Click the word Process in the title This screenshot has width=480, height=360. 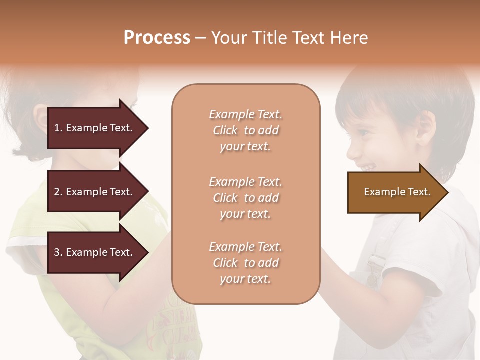[x=157, y=38]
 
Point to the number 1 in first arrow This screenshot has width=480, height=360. [x=57, y=128]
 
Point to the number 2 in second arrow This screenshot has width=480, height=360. [x=57, y=192]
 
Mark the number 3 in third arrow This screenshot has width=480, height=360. [x=57, y=252]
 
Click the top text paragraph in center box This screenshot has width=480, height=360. [x=246, y=130]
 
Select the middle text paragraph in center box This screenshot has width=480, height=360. [x=246, y=198]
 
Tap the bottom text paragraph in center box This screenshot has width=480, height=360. [x=246, y=263]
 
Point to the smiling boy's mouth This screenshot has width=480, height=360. [x=367, y=166]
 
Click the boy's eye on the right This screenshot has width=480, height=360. [x=363, y=133]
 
